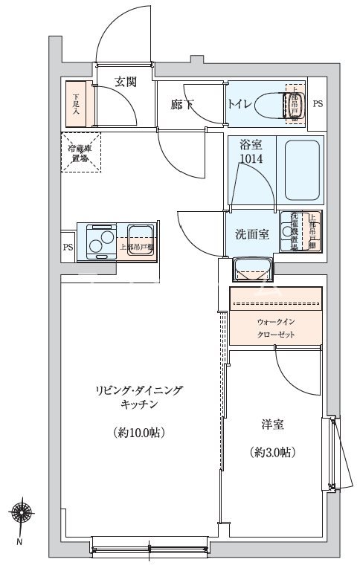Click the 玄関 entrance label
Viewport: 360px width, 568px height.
(x=126, y=82)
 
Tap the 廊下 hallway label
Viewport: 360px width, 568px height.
(x=181, y=105)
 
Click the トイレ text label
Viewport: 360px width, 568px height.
(x=240, y=105)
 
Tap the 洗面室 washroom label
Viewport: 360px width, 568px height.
(x=251, y=234)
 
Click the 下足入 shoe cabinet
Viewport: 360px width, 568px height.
(x=77, y=103)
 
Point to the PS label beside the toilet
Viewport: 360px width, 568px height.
(x=318, y=103)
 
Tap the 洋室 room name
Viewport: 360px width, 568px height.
(x=271, y=425)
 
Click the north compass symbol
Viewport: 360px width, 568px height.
(x=19, y=514)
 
